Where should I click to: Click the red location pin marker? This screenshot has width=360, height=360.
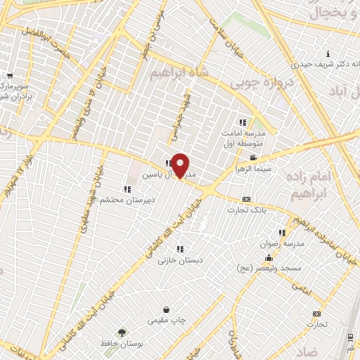tap(181, 165)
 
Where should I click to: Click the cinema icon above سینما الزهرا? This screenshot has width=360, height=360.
tap(253, 157)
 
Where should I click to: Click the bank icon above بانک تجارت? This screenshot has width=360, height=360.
tap(246, 199)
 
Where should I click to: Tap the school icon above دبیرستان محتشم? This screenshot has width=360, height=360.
tap(127, 188)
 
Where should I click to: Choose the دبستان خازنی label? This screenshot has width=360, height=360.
tap(181, 259)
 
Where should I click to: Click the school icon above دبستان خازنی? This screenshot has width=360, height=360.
tap(181, 248)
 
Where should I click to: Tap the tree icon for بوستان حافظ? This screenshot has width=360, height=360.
tap(123, 332)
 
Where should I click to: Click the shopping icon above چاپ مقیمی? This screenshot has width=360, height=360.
tap(166, 309)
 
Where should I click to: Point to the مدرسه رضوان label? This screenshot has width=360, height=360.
tap(283, 243)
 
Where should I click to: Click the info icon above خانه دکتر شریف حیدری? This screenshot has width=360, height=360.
tap(328, 54)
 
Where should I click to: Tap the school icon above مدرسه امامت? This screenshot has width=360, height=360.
tap(243, 122)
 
